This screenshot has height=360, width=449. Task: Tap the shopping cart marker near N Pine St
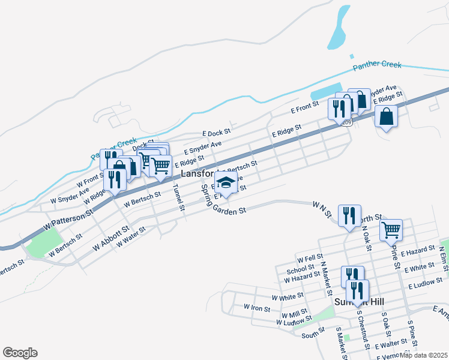[x=391, y=229]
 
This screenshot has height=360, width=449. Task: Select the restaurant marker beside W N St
[x=349, y=215]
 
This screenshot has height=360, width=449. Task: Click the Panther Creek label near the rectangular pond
[x=377, y=65]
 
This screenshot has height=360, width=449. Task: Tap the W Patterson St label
[x=69, y=220]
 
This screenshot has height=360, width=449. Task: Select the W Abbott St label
[x=111, y=238]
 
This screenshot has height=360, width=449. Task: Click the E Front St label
[x=304, y=108]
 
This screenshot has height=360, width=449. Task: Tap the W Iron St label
[x=257, y=307]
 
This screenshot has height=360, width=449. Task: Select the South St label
[x=313, y=335]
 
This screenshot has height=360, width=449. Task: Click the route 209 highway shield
[x=346, y=122]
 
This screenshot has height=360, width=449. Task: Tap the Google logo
[x=20, y=353]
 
